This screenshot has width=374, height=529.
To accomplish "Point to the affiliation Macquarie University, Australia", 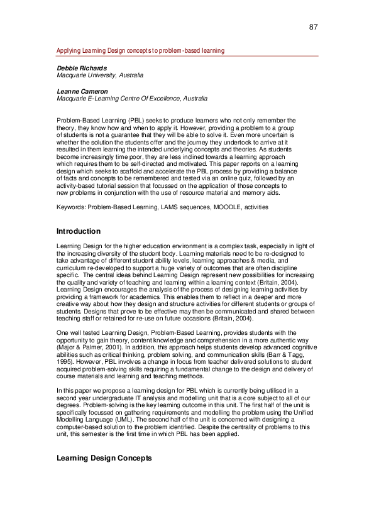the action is coord(100,75).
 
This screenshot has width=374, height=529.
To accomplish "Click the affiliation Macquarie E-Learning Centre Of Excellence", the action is coord(132,99).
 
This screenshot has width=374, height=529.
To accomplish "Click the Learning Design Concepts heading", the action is coord(104,459).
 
